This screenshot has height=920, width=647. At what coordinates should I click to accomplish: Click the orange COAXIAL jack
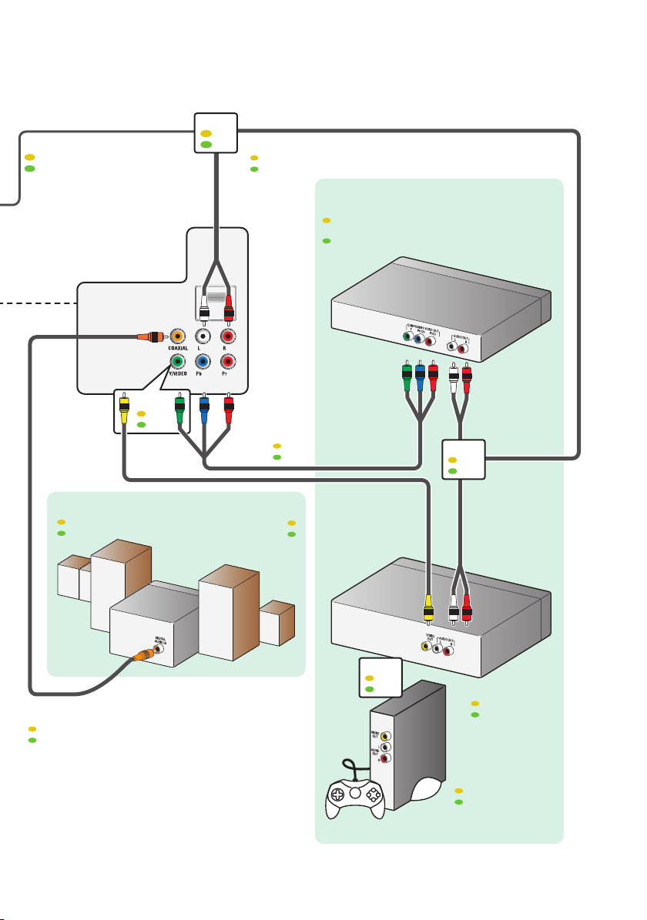(x=178, y=336)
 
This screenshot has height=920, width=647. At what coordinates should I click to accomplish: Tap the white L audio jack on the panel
(x=203, y=336)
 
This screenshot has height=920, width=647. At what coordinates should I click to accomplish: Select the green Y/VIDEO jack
(x=178, y=361)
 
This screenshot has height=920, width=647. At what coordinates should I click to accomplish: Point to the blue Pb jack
(x=203, y=361)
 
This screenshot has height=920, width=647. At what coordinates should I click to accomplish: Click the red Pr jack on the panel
(x=228, y=361)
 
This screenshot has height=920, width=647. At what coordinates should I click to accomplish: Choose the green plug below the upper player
(x=407, y=377)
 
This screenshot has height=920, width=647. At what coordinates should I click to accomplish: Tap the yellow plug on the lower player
(x=427, y=608)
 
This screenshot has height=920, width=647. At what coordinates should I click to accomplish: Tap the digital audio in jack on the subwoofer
(x=159, y=648)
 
